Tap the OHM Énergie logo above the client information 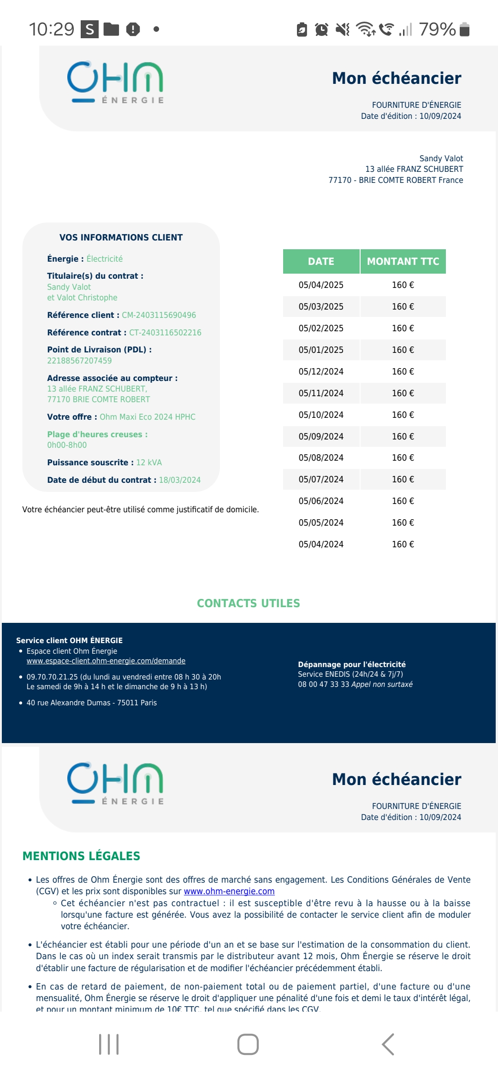115,82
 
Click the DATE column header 321,261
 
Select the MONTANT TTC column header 403,261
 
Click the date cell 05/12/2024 321,371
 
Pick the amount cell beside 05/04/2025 403,285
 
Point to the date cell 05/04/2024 321,544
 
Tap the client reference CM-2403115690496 159,315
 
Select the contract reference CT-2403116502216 165,333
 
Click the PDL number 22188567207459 79,361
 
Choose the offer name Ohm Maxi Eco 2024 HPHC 148,417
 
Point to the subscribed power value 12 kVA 149,463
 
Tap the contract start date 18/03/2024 180,480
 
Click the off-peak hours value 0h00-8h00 67,445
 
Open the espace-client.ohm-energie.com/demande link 106,661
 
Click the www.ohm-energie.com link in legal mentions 229,891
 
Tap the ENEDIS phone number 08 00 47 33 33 323,684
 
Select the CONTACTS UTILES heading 249,603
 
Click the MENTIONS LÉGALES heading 81,856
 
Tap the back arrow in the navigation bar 388,1044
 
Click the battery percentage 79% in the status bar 437,29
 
